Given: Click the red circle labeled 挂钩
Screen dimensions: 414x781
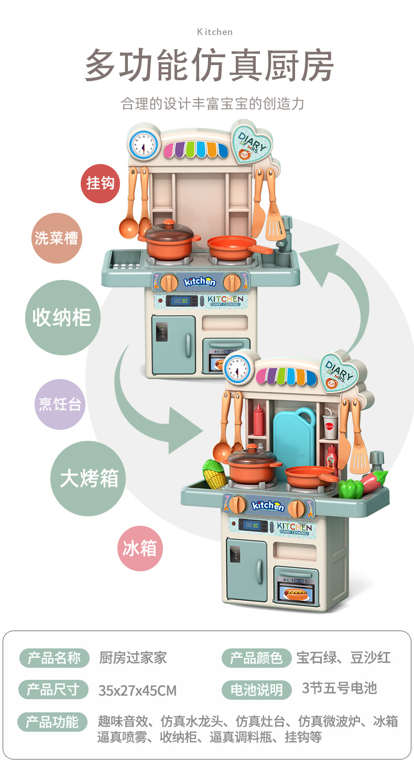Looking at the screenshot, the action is [x=100, y=183].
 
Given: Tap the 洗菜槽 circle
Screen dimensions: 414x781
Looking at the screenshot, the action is [x=56, y=238].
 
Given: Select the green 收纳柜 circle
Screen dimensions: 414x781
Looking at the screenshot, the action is [x=62, y=318].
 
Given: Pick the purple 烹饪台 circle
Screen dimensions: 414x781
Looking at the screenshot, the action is [x=60, y=404].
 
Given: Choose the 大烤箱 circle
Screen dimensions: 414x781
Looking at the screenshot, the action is [x=89, y=479].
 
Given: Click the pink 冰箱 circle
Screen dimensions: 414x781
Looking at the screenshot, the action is [x=140, y=548].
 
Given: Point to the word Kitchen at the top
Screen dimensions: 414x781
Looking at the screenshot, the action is [x=215, y=32].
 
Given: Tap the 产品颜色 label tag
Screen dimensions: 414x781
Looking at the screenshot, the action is [x=256, y=657].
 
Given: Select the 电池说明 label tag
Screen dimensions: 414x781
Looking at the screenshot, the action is [x=256, y=690].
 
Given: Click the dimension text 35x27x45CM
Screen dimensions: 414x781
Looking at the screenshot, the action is [x=137, y=690].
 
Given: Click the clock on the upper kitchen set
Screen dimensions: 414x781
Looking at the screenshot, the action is [x=143, y=144].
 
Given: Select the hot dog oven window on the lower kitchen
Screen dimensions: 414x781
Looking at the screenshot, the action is [x=296, y=594].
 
